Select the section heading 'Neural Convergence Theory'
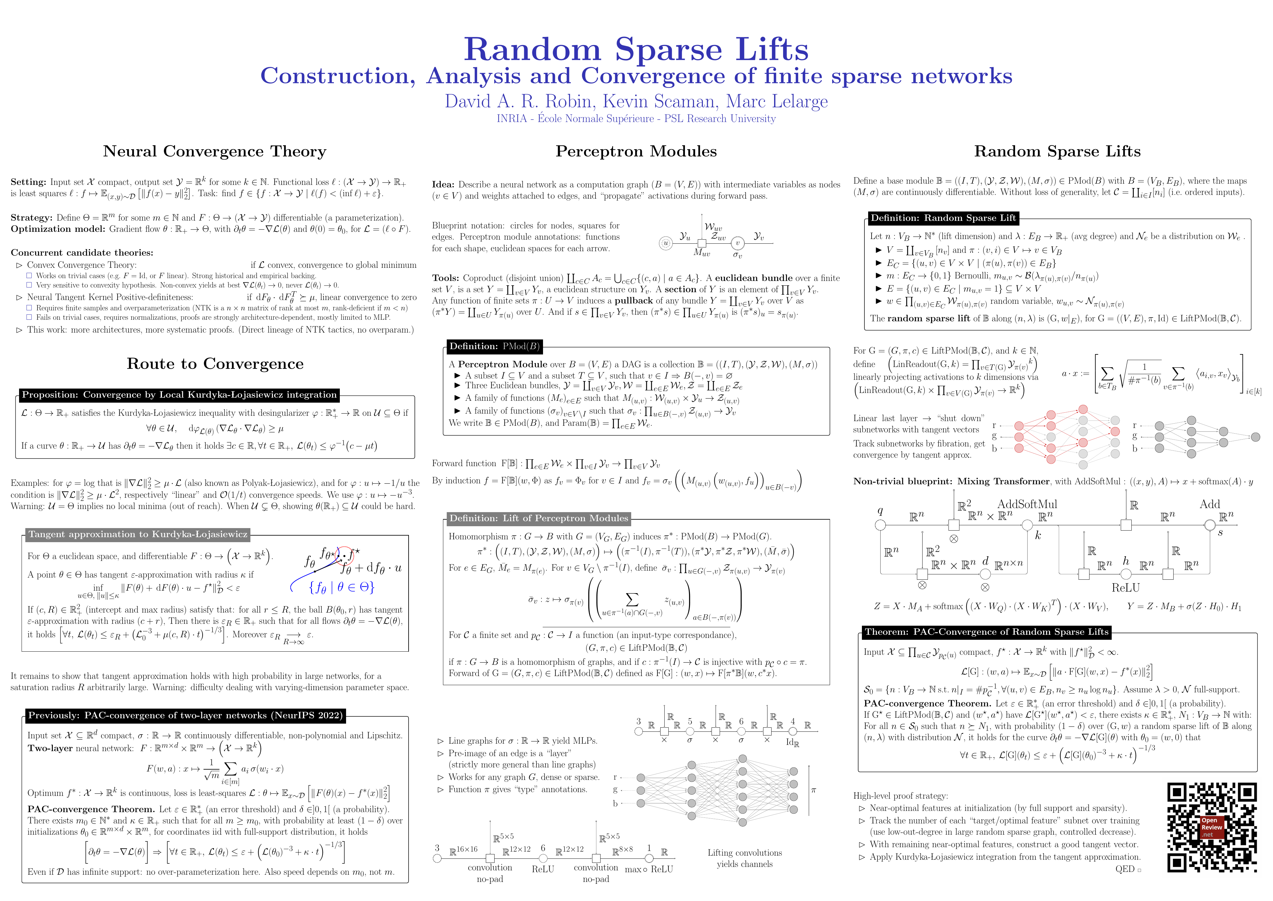tap(214, 151)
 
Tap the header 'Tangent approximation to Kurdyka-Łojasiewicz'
tap(138, 534)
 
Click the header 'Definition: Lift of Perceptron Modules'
tap(538, 518)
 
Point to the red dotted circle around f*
tap(346, 554)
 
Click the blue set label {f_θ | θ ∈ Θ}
tap(341, 587)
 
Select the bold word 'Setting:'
tap(28, 182)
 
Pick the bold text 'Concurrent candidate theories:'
tap(82, 252)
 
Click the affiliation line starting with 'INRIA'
tap(636, 119)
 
